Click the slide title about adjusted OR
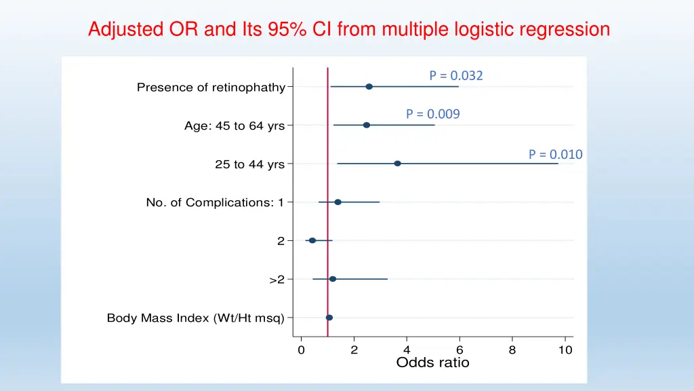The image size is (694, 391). (349, 30)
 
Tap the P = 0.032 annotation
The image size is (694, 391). (455, 75)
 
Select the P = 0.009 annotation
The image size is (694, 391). (432, 114)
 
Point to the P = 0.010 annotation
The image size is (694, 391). (555, 154)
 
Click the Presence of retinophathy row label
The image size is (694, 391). (211, 87)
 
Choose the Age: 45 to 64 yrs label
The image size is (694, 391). (234, 126)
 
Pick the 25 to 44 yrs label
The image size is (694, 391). (249, 164)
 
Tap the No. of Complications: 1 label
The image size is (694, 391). (215, 202)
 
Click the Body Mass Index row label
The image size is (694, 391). (196, 318)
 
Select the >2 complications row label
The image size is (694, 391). (277, 280)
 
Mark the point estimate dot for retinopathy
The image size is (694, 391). (369, 87)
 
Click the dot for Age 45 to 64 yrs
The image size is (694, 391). (367, 125)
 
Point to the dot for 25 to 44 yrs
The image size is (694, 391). (397, 164)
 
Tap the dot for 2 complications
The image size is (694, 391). (312, 240)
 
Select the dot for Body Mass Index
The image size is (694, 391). (329, 318)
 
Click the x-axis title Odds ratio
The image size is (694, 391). (432, 362)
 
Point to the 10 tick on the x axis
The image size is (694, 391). (565, 350)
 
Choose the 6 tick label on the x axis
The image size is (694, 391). (460, 350)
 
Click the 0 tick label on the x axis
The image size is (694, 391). (301, 350)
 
